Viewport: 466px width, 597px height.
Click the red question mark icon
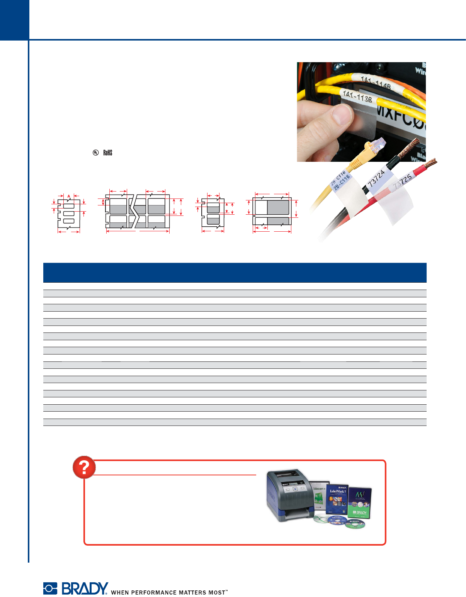84,467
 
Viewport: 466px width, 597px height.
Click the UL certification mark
95,153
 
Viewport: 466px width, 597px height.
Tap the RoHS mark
108,153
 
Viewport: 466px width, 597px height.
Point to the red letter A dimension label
69,196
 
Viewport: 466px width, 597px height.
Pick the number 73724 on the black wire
376,178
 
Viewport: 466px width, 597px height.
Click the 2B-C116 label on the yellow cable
340,181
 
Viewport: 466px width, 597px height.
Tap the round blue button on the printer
295,489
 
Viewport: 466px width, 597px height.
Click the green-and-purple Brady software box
360,502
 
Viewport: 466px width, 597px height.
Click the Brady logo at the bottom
76,589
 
